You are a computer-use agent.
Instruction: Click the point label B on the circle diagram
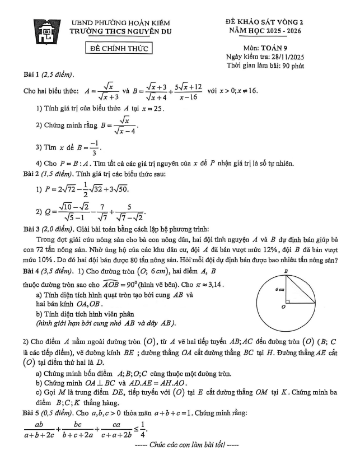click(286, 271)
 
